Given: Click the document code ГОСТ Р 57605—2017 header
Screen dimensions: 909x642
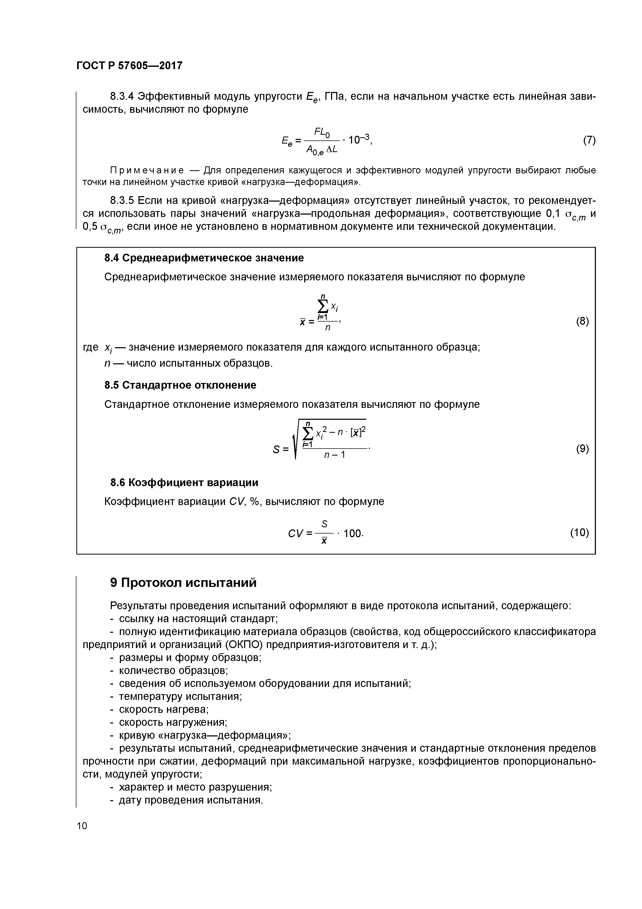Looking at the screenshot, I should tap(129, 66).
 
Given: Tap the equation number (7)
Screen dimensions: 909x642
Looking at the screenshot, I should tap(589, 140).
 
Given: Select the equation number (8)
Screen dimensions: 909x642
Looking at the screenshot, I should tap(582, 322).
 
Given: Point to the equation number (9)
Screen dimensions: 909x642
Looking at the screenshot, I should tap(582, 449).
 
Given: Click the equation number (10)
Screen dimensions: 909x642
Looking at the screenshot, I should tap(579, 532).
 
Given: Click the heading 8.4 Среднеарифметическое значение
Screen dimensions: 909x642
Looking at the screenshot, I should tap(204, 258).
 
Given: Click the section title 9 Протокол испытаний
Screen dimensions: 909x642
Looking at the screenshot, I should tap(183, 583).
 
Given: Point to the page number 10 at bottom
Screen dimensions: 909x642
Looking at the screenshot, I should tap(82, 826).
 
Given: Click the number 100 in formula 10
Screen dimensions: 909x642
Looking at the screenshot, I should tap(352, 534).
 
